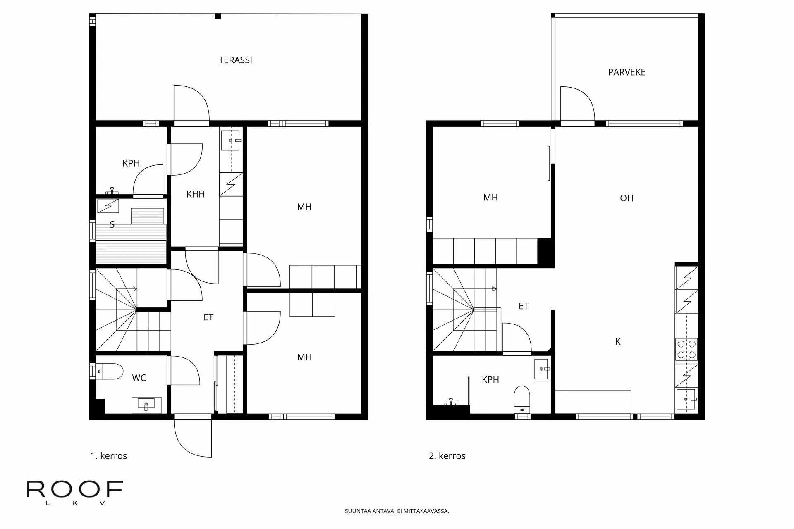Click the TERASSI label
click(x=235, y=60)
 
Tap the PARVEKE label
click(x=627, y=72)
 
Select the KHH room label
click(x=196, y=194)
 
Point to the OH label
click(x=627, y=198)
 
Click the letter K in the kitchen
click(x=618, y=342)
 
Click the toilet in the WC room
click(x=109, y=371)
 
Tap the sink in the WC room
click(x=146, y=405)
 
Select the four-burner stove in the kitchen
click(x=686, y=349)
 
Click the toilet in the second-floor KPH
click(x=522, y=399)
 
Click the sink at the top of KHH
click(x=230, y=141)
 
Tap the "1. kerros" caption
click(x=109, y=456)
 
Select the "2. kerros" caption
click(x=447, y=456)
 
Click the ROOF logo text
click(x=75, y=489)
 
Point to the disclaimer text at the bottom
click(x=397, y=511)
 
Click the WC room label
click(x=139, y=378)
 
